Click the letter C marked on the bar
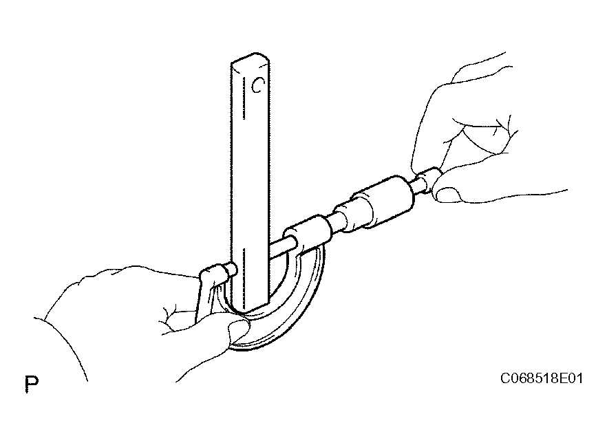tap(258, 85)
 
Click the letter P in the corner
tap(32, 383)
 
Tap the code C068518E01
tap(541, 378)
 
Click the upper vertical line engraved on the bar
tap(244, 98)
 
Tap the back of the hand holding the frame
tap(128, 294)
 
